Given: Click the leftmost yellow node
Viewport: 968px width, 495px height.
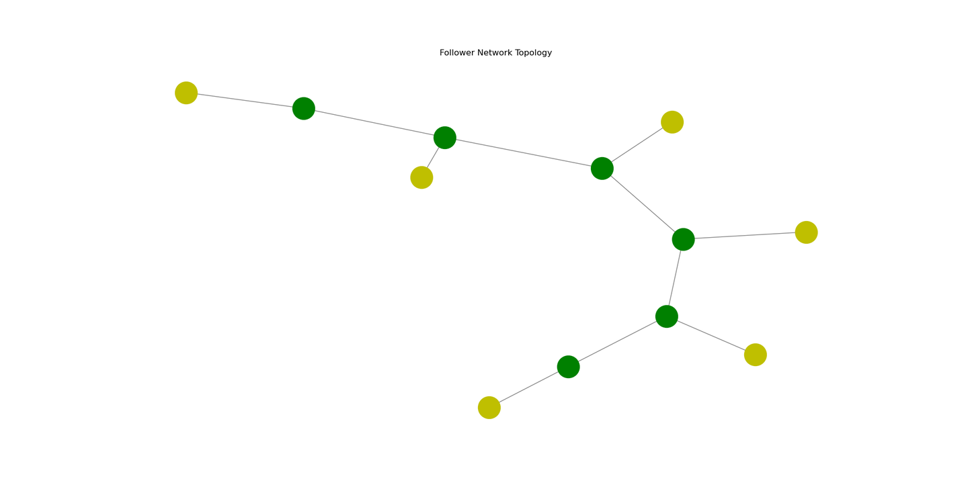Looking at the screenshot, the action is click(x=186, y=93).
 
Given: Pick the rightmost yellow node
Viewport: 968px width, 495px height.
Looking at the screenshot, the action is click(x=807, y=232).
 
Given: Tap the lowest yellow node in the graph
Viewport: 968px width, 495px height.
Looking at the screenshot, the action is click(x=489, y=408).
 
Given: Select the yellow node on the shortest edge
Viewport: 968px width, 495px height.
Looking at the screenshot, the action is click(x=421, y=177).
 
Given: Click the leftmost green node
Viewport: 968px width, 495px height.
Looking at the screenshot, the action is click(x=304, y=108).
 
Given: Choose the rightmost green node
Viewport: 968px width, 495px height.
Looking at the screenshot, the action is click(x=683, y=239).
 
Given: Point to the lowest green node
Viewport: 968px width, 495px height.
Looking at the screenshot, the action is click(x=568, y=367).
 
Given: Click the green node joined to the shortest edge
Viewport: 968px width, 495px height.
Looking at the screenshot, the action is click(x=445, y=138).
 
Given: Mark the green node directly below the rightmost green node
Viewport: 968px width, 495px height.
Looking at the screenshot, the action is click(x=667, y=316).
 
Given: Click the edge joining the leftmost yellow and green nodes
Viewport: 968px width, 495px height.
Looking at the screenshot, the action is click(x=245, y=101).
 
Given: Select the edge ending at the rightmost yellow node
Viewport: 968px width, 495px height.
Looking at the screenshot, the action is click(x=745, y=236).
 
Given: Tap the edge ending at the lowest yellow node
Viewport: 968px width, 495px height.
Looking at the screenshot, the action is click(x=528, y=388).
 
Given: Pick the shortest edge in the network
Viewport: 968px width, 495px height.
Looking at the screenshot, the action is click(x=433, y=158).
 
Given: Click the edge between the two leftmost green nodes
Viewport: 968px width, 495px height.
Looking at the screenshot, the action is click(x=374, y=123).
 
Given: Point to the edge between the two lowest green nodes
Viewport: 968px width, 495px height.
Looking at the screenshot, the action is click(x=618, y=342).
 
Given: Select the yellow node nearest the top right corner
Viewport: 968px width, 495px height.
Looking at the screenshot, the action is click(x=672, y=122).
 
